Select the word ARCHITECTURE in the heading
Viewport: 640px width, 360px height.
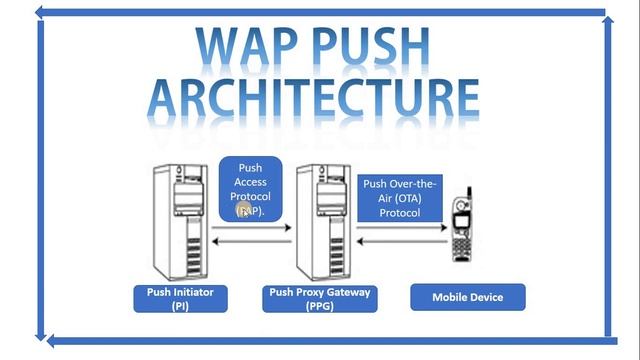pos(313,98)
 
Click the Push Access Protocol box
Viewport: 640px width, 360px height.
pos(250,189)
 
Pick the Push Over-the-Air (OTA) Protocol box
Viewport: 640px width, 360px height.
pos(400,197)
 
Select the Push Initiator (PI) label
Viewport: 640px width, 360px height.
pos(180,298)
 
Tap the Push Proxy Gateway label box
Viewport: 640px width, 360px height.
pos(321,298)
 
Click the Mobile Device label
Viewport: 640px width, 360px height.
pos(467,297)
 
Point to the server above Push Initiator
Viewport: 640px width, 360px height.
pos(179,221)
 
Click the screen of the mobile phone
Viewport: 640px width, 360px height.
pos(460,217)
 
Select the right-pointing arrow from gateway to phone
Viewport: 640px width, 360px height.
pos(400,228)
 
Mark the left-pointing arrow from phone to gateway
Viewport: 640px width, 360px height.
pos(400,241)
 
